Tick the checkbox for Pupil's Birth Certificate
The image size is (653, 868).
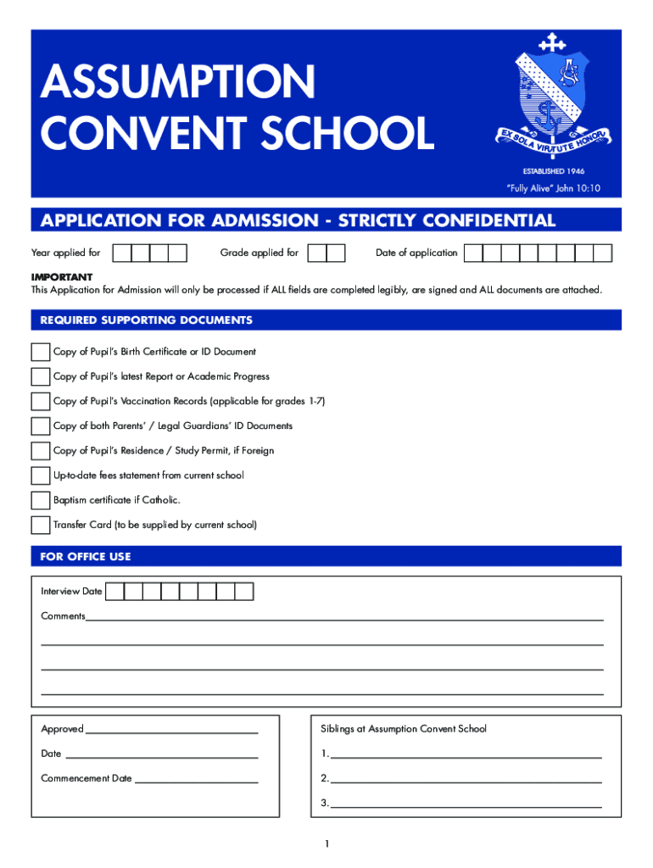(40, 352)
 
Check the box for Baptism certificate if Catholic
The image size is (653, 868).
(40, 500)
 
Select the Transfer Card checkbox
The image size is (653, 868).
(40, 525)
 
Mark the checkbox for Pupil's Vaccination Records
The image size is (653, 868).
(40, 401)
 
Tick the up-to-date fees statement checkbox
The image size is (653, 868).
(40, 476)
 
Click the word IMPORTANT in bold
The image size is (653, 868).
(62, 277)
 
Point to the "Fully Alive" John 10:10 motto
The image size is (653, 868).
(553, 188)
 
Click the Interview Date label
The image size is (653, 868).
(71, 591)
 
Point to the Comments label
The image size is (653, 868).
(63, 616)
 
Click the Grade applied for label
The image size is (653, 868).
(260, 253)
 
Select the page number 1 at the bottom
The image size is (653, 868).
(326, 843)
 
